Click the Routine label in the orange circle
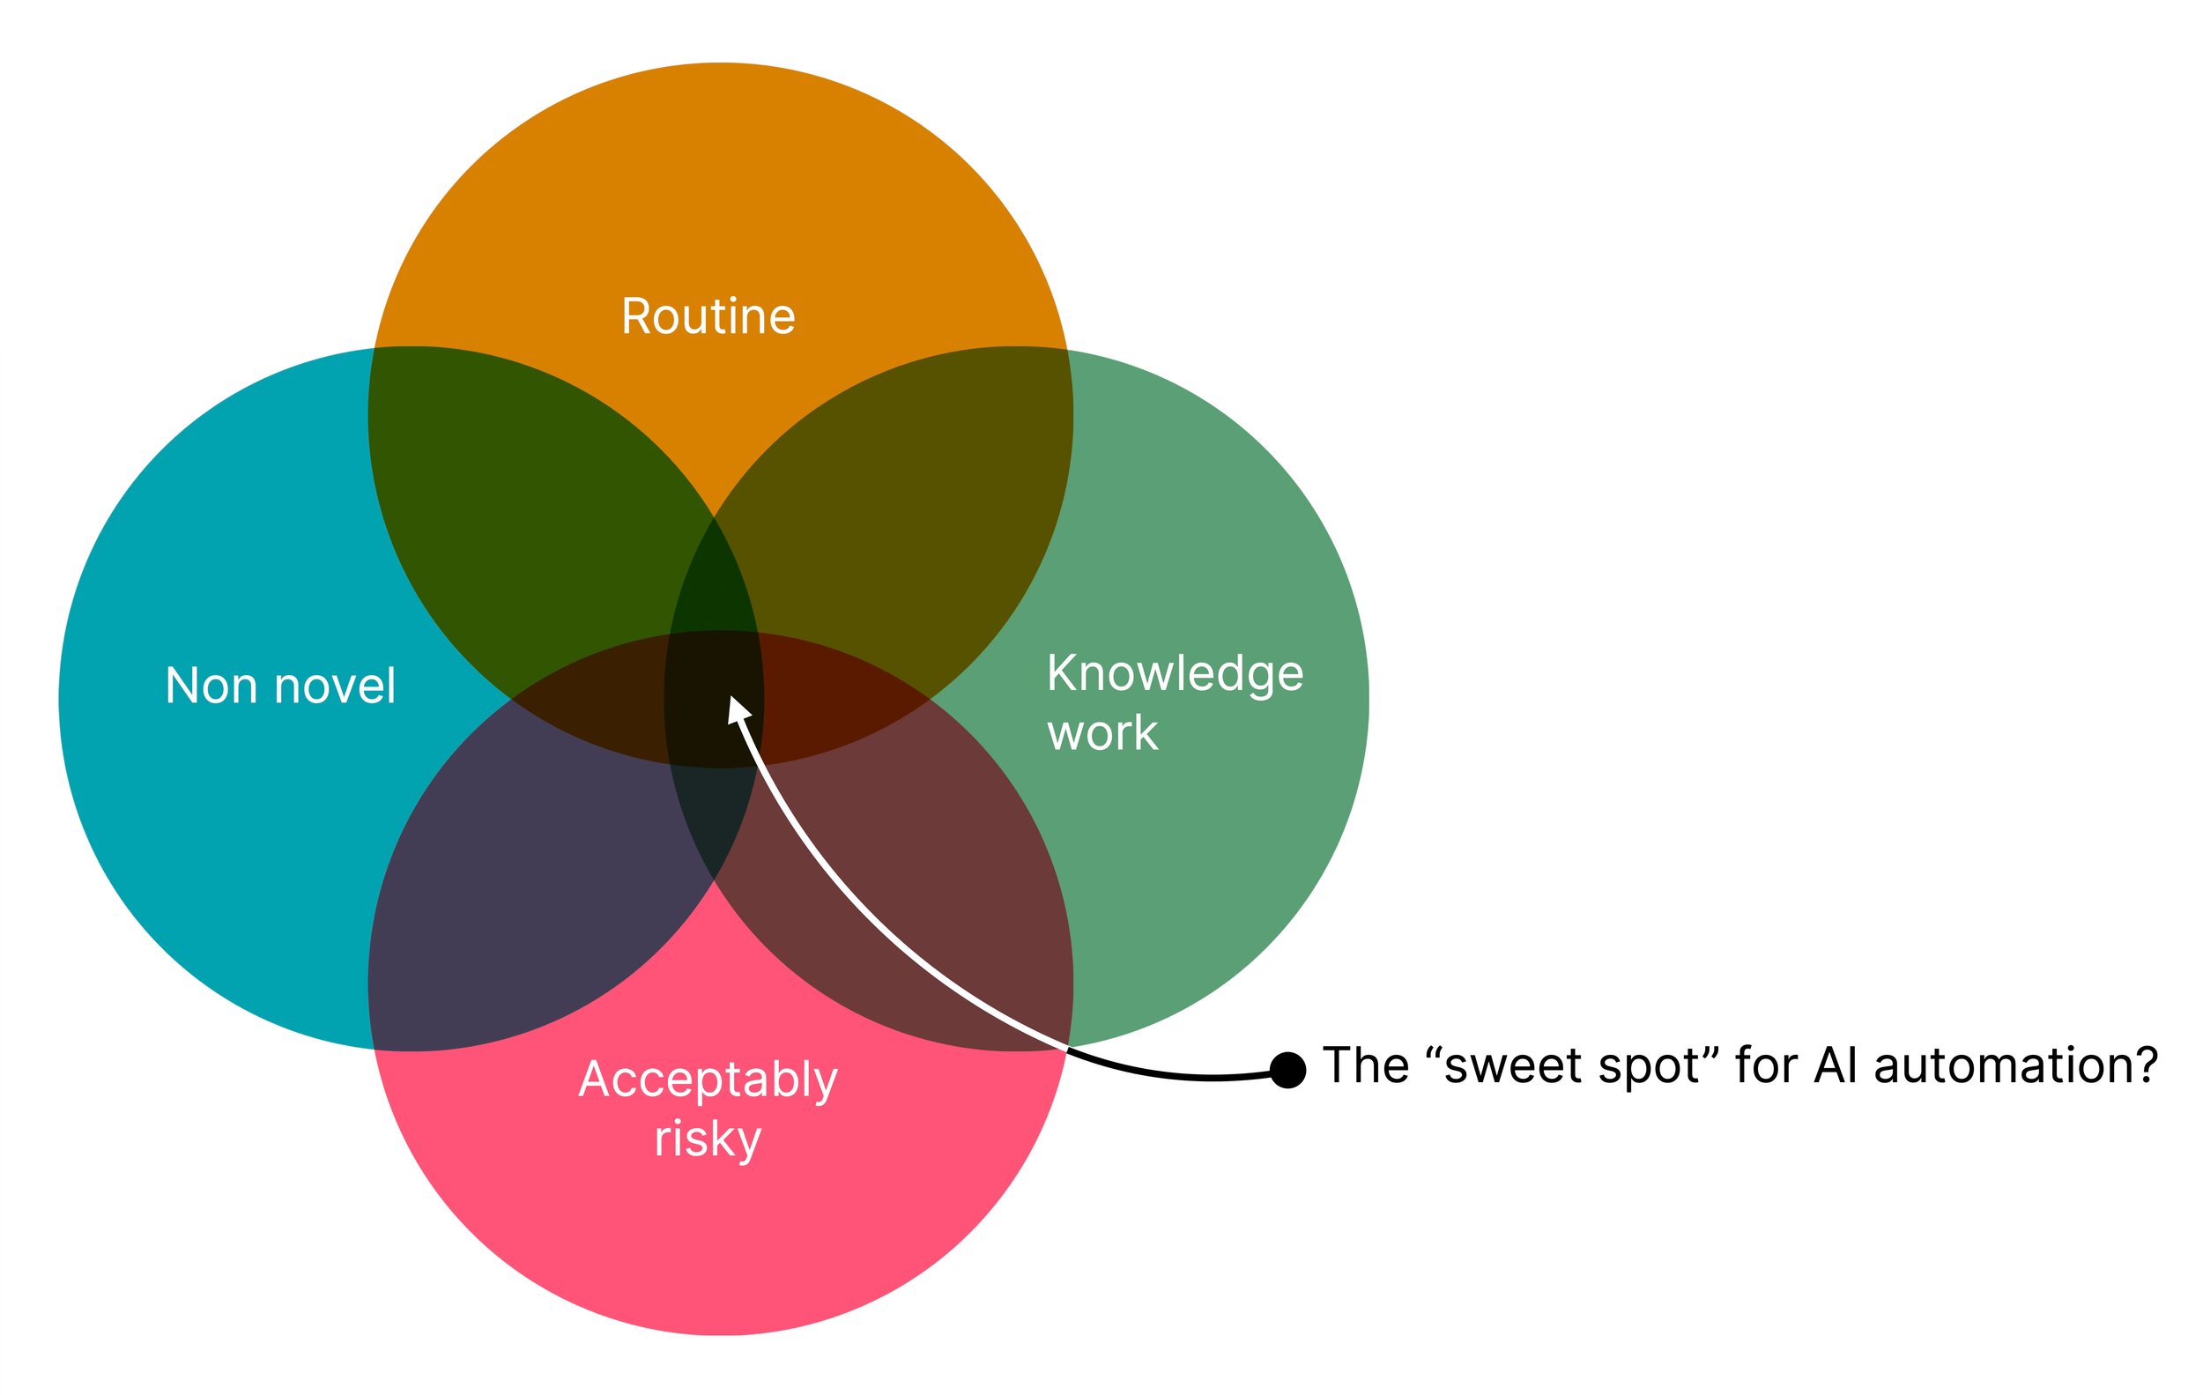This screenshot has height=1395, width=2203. [x=708, y=317]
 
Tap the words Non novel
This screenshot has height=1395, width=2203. [x=280, y=686]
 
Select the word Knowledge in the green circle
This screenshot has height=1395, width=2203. [x=1175, y=675]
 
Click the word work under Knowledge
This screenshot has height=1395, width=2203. [x=1102, y=734]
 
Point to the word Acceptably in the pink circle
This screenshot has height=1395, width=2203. [x=708, y=1080]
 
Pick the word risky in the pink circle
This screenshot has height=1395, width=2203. [x=708, y=1139]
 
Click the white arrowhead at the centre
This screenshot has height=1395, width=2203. [x=738, y=708]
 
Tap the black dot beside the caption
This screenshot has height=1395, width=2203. [x=1287, y=1069]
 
